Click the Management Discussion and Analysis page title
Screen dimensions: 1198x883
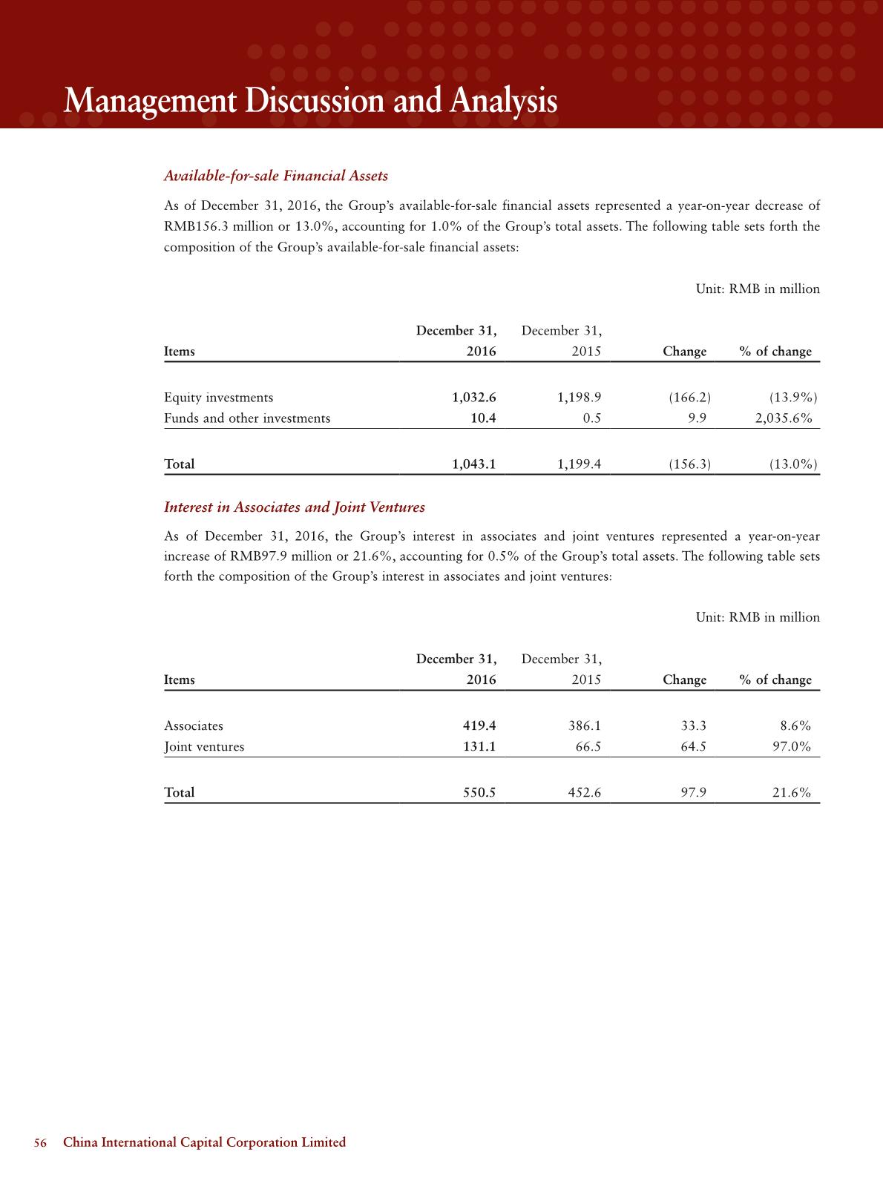(x=310, y=101)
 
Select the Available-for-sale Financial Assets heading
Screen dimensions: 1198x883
(x=275, y=176)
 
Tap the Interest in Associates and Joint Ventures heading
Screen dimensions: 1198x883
(x=294, y=507)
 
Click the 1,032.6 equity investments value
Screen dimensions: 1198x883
(x=473, y=398)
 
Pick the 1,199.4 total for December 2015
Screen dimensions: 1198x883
(x=579, y=464)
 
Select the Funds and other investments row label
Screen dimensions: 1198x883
(x=247, y=418)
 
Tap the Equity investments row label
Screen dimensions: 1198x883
(x=218, y=398)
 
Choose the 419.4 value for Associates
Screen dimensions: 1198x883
(x=479, y=726)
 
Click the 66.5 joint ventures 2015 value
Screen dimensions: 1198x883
(x=588, y=747)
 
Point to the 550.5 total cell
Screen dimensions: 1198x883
(x=479, y=793)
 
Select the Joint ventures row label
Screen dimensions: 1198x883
(x=204, y=747)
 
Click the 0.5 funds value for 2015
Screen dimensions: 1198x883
(x=591, y=418)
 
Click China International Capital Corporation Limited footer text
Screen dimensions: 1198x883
(x=204, y=1143)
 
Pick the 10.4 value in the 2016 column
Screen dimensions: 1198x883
(x=483, y=418)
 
